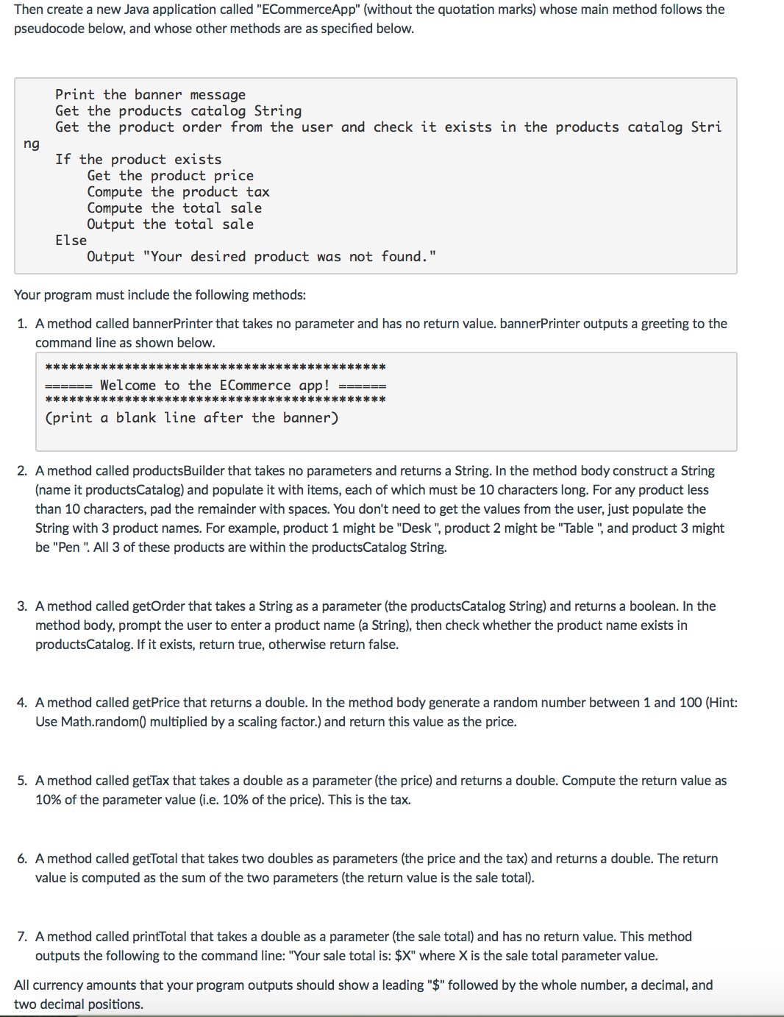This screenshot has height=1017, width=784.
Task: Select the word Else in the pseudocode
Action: [x=71, y=241]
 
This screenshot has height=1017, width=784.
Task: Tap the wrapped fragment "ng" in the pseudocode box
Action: [x=31, y=143]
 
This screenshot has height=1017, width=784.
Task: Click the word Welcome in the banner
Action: [x=127, y=386]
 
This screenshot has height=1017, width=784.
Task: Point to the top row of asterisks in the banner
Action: [x=215, y=366]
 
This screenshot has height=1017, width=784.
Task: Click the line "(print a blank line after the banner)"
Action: [x=191, y=418]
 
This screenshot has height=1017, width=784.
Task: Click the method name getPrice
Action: [x=156, y=703]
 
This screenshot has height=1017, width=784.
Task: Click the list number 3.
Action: [x=21, y=606]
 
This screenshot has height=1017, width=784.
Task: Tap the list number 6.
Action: [x=21, y=859]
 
